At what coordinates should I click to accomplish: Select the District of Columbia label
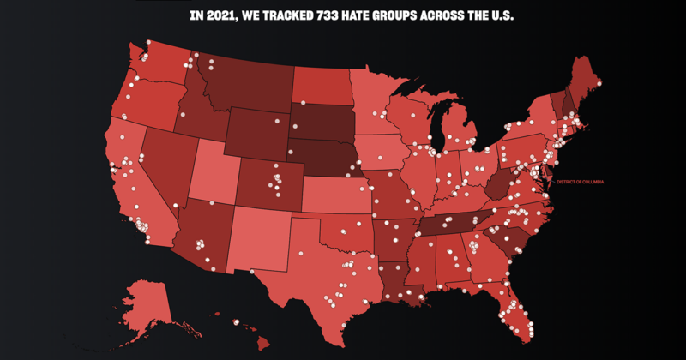coord(581,182)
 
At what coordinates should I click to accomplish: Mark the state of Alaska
coord(150,304)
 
